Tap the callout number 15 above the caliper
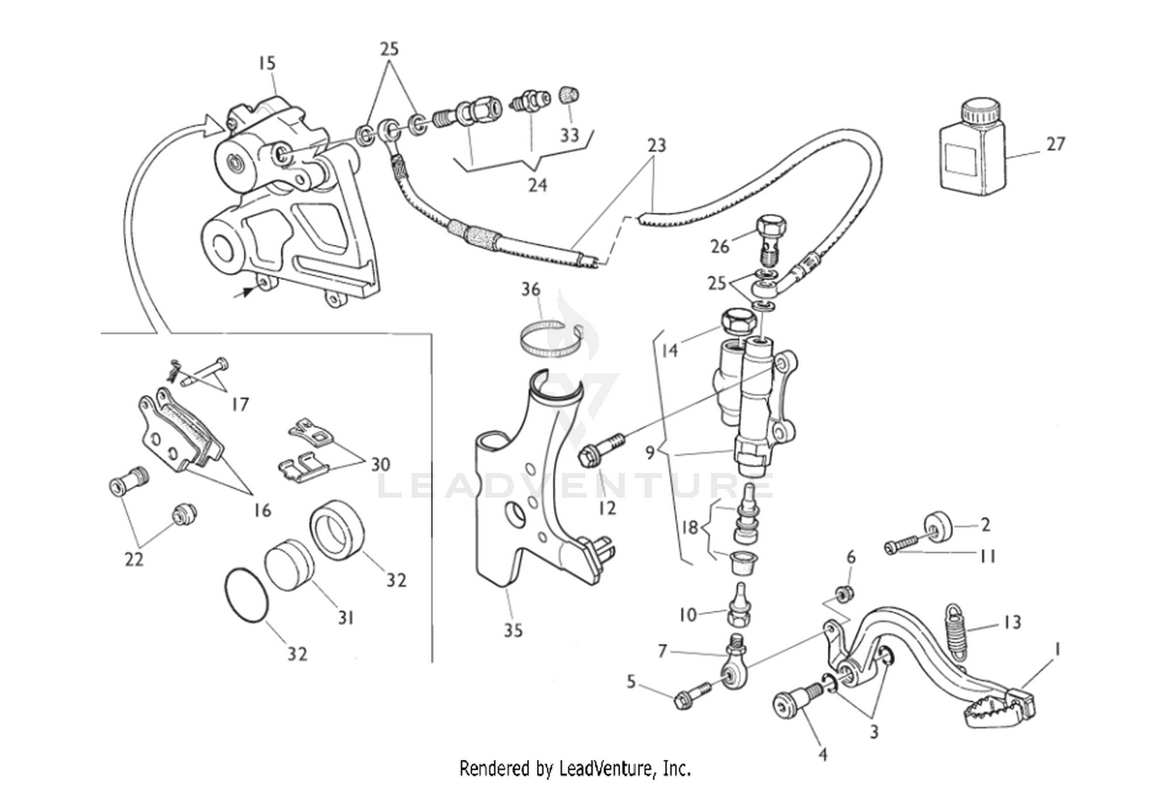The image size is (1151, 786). click(266, 63)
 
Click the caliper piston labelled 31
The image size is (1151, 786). click(289, 564)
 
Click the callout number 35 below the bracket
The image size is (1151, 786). click(513, 630)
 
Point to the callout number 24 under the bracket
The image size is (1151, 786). click(536, 185)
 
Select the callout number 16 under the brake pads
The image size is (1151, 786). click(262, 509)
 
